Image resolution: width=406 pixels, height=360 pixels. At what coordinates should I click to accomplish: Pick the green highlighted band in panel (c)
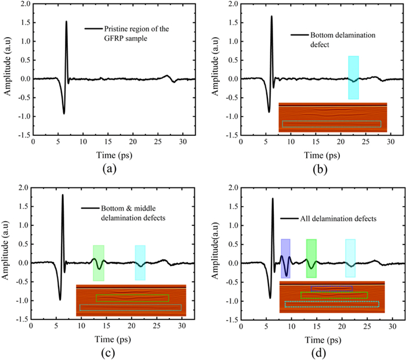(x=99, y=262)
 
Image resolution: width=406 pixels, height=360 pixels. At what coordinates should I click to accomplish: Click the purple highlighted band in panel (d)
(x=285, y=258)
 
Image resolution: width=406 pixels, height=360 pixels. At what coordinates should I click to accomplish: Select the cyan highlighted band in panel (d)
(x=350, y=258)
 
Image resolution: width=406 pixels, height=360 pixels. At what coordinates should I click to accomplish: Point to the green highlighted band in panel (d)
(x=311, y=258)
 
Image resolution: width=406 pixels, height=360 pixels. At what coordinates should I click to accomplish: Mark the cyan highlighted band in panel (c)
(x=140, y=262)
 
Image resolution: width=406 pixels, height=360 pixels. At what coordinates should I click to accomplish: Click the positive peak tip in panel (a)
(x=66, y=22)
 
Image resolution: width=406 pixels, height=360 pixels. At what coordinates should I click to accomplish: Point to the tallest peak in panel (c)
(x=63, y=196)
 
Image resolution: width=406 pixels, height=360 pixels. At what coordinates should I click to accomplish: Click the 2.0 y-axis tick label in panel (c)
(x=22, y=188)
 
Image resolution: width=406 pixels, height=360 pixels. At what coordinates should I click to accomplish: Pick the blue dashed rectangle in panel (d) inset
(x=331, y=287)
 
